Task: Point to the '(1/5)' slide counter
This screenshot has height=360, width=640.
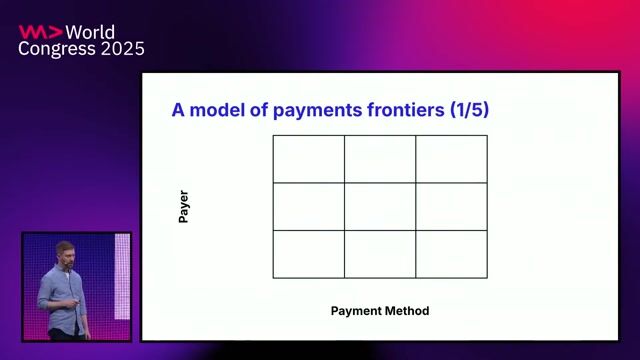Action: [466, 111]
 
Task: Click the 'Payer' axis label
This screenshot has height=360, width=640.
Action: [184, 207]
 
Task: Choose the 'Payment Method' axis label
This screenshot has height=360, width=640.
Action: [380, 311]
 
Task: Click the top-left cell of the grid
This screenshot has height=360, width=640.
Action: [309, 159]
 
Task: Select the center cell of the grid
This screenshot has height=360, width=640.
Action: [380, 207]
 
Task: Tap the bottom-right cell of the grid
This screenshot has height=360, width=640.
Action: [452, 254]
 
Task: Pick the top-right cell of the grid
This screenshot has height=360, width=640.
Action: [452, 159]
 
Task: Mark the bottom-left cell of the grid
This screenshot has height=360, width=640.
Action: [309, 254]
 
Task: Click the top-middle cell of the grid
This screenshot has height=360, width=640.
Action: [380, 159]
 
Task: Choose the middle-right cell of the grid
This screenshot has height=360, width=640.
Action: [452, 207]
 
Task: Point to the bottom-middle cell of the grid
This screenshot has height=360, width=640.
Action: [380, 254]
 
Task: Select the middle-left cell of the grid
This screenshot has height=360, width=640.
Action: [309, 207]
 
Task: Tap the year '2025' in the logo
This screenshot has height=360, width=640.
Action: [122, 49]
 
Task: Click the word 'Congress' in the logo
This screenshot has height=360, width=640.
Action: [57, 49]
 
